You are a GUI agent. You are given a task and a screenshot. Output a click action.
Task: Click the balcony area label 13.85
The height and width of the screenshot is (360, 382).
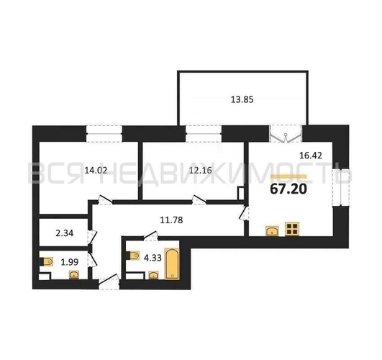242,99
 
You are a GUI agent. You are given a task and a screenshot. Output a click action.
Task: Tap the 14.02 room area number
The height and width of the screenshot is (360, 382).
96,170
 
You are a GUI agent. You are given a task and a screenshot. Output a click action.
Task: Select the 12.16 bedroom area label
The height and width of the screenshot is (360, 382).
201,170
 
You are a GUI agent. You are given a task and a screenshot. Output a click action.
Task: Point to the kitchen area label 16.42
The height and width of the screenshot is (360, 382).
310,156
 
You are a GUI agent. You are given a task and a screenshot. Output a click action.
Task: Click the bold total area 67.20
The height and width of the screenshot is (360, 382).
288,189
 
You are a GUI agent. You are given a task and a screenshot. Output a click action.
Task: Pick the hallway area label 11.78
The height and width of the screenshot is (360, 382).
171,220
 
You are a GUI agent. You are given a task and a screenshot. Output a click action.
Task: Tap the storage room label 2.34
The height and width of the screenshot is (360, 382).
65,233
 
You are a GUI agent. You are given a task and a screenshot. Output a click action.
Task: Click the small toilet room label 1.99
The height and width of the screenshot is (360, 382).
70,262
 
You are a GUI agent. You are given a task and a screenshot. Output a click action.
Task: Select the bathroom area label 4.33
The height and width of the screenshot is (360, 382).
153,258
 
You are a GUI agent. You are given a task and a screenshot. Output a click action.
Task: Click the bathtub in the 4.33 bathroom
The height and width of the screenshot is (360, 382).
172,264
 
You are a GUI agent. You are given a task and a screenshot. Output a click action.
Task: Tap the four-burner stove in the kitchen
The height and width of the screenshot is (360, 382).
292,229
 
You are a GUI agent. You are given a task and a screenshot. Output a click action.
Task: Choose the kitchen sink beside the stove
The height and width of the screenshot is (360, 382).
273,231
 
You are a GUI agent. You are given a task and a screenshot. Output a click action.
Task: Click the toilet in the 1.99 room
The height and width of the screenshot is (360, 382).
46,261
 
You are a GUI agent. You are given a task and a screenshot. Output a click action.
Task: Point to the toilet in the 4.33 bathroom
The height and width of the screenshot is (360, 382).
132,256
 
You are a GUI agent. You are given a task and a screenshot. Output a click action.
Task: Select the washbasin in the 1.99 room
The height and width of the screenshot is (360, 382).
74,275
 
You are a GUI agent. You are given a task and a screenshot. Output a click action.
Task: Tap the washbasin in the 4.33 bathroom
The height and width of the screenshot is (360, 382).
153,275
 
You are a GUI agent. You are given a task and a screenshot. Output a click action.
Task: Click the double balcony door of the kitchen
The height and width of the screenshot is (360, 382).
286,134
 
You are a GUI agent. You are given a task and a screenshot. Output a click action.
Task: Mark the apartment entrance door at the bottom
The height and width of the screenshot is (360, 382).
109,282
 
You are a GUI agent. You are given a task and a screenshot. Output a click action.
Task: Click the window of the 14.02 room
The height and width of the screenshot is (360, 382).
104,133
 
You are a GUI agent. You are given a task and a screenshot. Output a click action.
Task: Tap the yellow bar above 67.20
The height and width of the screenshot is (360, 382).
288,176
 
